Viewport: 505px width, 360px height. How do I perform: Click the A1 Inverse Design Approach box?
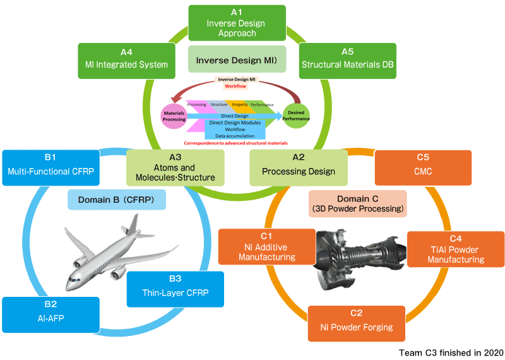pos(237,23)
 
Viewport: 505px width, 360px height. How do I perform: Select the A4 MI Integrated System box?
pos(126,60)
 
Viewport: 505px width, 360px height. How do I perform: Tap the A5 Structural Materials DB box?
pos(347,60)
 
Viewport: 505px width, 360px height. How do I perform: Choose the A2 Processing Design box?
pos(298,167)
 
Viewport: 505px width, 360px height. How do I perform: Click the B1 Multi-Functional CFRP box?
pos(50,167)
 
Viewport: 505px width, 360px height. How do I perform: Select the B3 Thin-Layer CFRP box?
pos(175,288)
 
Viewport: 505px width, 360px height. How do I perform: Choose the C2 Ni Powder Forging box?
pos(356,322)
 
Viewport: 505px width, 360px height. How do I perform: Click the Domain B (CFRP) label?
pos(117,200)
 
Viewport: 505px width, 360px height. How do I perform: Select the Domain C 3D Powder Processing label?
pos(357,203)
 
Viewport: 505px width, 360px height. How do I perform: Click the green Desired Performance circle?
pos(296,114)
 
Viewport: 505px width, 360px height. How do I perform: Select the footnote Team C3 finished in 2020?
pos(451,352)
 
